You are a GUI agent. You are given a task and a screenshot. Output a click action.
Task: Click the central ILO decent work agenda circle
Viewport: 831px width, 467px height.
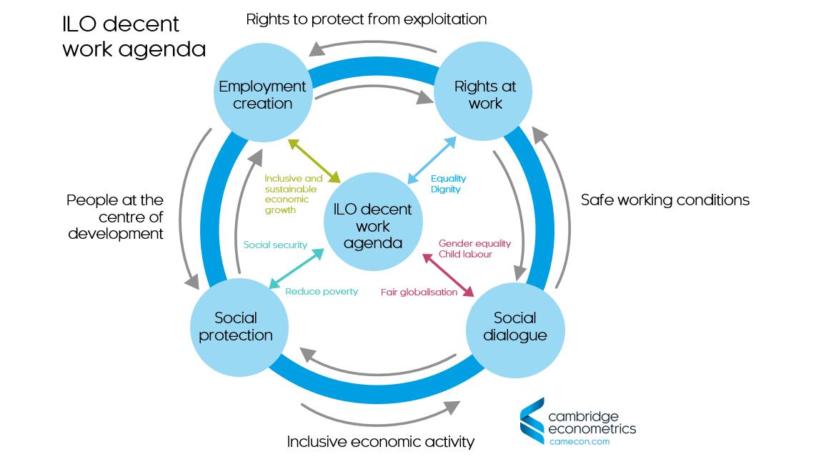click(372, 226)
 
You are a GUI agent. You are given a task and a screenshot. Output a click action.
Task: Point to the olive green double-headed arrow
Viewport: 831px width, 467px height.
click(315, 161)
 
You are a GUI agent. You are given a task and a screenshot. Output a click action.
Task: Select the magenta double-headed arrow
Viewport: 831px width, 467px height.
click(449, 274)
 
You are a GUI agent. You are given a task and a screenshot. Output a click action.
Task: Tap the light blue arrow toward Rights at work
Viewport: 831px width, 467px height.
click(432, 160)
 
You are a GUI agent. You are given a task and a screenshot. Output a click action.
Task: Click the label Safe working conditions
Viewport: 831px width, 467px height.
click(665, 200)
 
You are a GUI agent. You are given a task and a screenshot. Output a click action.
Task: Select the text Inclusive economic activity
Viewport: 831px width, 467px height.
click(380, 442)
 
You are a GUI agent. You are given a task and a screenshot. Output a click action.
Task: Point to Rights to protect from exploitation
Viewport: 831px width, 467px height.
click(366, 19)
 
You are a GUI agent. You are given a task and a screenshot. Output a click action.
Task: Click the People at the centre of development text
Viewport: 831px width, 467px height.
click(115, 217)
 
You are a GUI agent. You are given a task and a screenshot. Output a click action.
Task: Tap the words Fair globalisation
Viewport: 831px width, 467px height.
click(419, 293)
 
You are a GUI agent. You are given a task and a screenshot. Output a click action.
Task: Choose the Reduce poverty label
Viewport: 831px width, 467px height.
click(322, 292)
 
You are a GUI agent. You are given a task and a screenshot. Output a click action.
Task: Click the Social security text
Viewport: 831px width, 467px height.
click(275, 245)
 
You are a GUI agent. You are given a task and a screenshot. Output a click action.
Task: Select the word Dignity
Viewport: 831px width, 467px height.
click(446, 190)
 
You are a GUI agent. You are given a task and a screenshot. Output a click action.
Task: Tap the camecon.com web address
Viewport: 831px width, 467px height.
click(579, 441)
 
